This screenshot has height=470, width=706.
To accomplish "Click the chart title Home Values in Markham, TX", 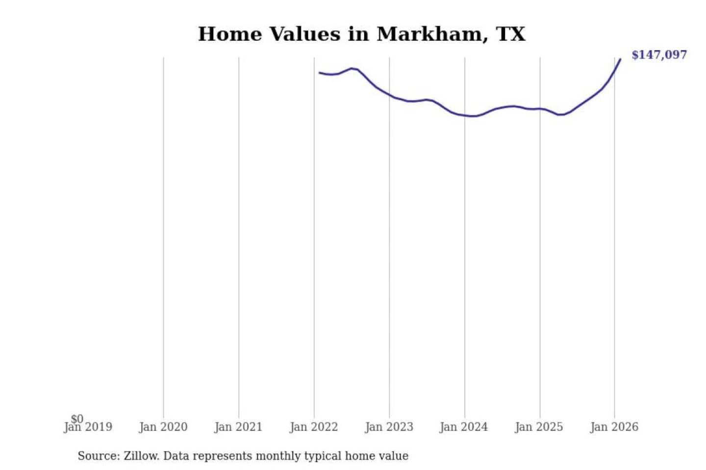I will click(x=361, y=34).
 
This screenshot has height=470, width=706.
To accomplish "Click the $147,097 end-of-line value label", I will click(x=659, y=55).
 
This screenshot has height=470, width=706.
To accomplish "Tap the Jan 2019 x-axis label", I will click(x=88, y=427).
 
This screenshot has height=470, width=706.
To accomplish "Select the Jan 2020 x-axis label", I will click(x=163, y=427).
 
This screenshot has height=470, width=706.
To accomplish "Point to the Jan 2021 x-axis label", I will click(x=239, y=427).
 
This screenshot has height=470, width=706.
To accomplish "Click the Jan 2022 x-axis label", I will click(x=314, y=427).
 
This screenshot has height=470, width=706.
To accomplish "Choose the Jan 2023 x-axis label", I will click(x=389, y=427).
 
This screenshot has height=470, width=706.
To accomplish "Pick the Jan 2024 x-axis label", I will click(x=464, y=427).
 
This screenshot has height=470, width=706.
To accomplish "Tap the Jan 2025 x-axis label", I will click(x=539, y=427).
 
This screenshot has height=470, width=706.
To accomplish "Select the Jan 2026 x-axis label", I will click(x=614, y=427).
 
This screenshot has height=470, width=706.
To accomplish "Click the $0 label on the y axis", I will click(x=77, y=419).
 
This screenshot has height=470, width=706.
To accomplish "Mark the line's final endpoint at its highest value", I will click(x=620, y=60).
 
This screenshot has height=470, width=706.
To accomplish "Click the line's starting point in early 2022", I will click(x=320, y=73).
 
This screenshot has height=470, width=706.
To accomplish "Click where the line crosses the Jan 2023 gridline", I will click(x=390, y=95).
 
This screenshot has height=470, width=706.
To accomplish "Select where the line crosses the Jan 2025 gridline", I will click(x=540, y=109).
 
